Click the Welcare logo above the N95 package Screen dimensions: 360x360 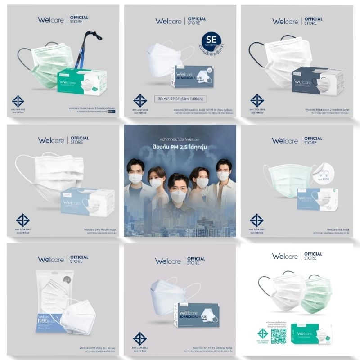50,260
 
